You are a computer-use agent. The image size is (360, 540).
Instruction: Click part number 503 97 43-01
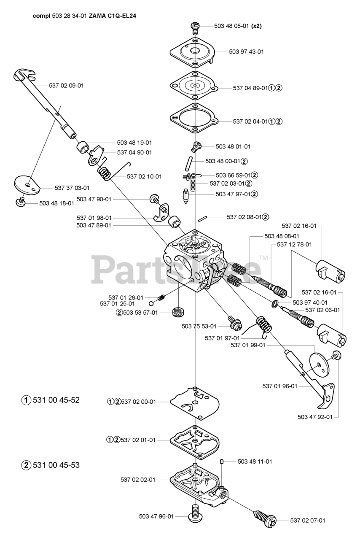[247, 52]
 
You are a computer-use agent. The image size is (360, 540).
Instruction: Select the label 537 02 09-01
[66, 86]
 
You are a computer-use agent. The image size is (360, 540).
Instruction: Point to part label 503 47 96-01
[156, 516]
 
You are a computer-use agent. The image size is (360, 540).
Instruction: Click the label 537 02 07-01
[308, 521]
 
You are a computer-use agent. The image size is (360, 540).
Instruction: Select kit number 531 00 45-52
[56, 400]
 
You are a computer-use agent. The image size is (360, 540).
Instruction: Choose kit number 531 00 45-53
[56, 465]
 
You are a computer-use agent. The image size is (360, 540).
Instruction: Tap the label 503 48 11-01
[255, 462]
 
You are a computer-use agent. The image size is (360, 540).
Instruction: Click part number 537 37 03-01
[72, 187]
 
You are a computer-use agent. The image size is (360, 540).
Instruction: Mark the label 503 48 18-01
[56, 203]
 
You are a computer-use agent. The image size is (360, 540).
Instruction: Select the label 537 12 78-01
[294, 244]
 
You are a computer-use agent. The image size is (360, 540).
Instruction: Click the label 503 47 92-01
[315, 417]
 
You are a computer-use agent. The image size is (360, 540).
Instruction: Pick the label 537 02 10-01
[144, 176]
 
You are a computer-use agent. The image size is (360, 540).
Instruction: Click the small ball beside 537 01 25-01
[150, 303]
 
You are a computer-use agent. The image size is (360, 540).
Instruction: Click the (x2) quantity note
[256, 26]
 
